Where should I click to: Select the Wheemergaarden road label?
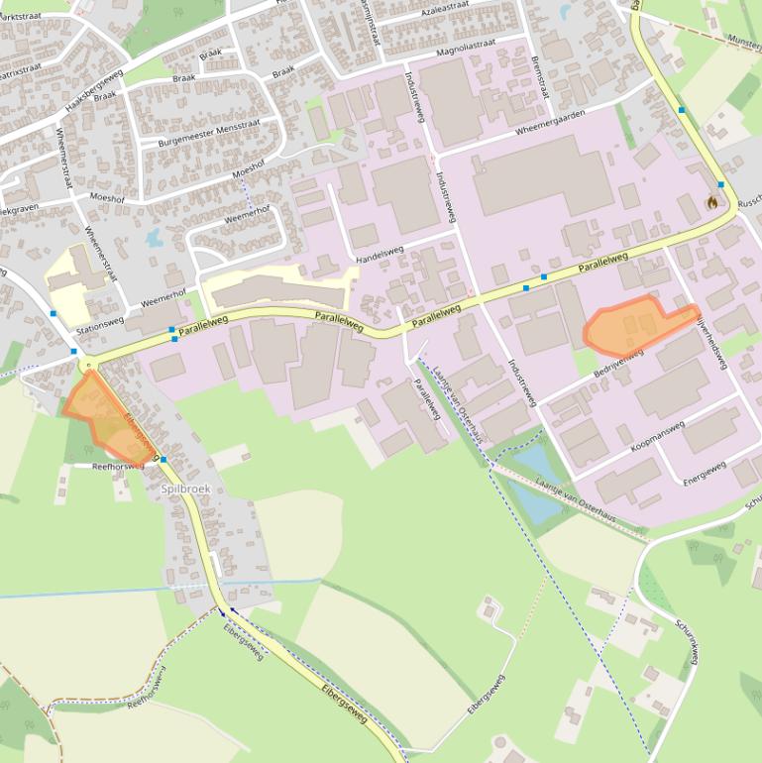pos(550,123)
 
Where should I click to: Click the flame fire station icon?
pos(711,202)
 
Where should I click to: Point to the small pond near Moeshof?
pos(154,238)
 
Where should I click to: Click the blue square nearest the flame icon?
pos(721,185)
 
